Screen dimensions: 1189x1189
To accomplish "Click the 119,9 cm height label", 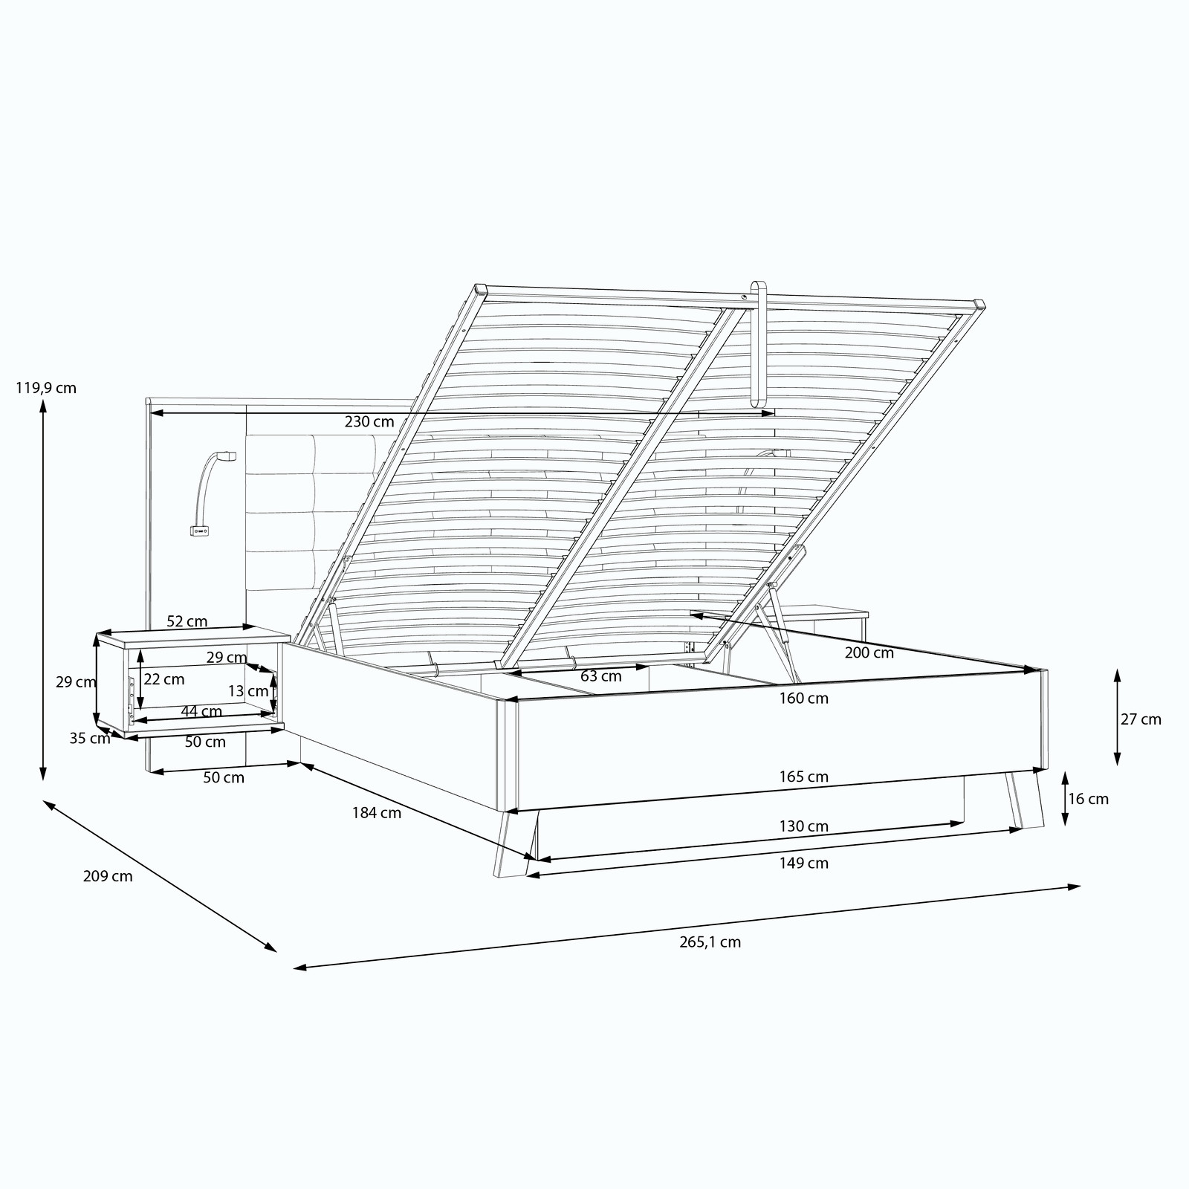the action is [46, 388].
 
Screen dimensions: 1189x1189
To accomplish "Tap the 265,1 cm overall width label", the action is [710, 942].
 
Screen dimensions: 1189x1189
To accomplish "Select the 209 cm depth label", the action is [108, 876].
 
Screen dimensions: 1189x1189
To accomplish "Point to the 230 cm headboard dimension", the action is [369, 422].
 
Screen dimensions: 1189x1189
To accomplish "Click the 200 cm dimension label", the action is [869, 653].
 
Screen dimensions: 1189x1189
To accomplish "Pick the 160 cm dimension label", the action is [803, 699].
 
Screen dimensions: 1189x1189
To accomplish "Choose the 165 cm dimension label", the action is [803, 777].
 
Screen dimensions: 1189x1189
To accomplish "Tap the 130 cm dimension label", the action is [803, 826].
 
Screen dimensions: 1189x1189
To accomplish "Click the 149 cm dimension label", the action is [803, 864].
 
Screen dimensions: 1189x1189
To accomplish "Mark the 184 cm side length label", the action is [377, 813].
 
